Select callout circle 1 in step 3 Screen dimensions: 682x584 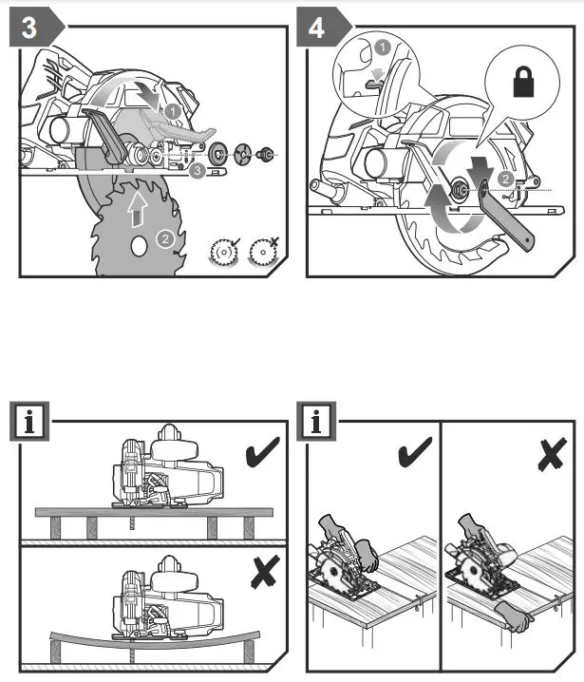point(172,111)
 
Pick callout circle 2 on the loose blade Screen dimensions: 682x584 point(164,240)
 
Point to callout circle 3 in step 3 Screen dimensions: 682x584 point(196,171)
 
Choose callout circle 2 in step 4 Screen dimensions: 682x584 point(506,178)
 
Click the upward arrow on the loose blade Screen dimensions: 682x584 point(135,205)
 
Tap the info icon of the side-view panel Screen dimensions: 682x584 point(29,421)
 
